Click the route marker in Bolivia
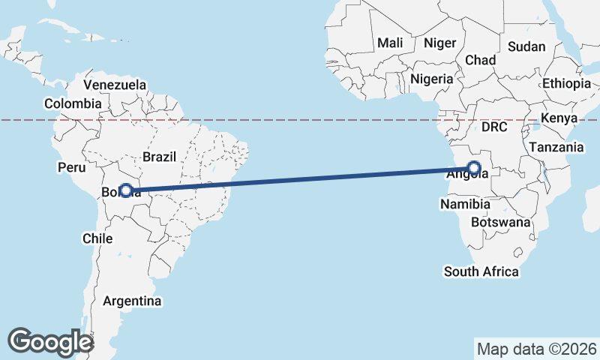pos(126,191)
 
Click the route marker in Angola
pos(474,168)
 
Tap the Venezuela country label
pos(115,85)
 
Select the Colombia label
pos(73,103)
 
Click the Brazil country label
pos(159,157)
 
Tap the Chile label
pos(97,238)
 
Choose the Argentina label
pos(132,301)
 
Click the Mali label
pos(390,43)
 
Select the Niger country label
pos(439,43)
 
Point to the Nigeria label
pos(432,79)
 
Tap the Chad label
pos(481,60)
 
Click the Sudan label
pos(526,46)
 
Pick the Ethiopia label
pos(566,83)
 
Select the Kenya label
pos(559,118)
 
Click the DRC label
pos(495,127)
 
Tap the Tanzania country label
pos(556,148)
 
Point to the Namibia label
pos(465,204)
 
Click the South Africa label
pos(481,271)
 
